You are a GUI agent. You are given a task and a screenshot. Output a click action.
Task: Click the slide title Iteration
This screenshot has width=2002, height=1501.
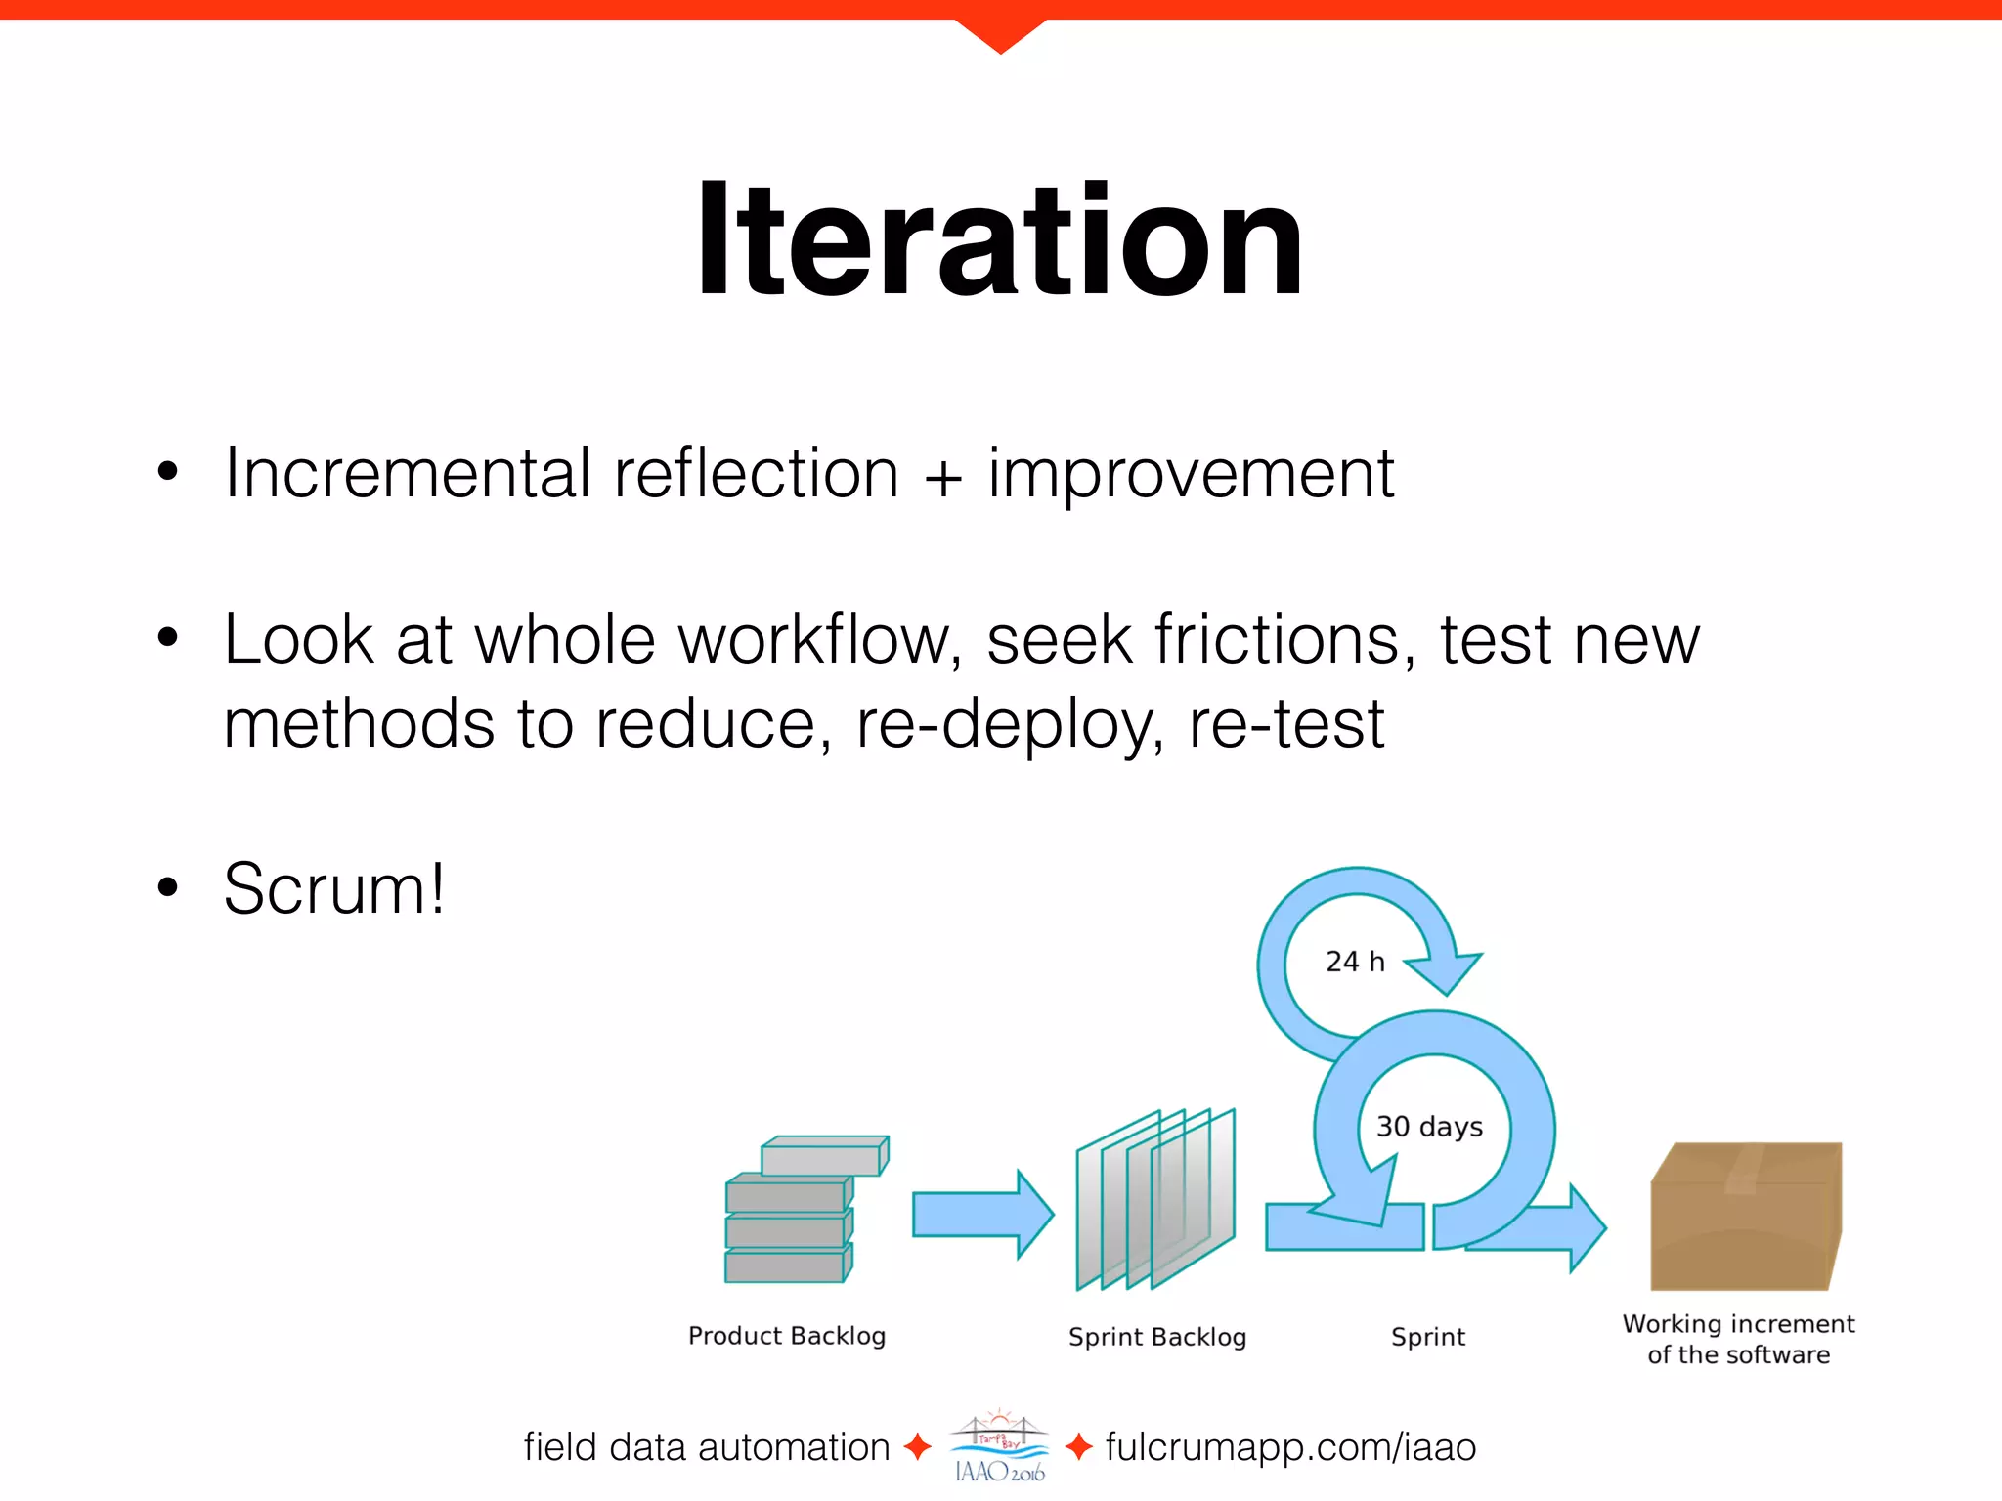999,240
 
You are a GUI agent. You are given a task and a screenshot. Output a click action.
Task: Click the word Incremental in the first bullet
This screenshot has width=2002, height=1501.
407,474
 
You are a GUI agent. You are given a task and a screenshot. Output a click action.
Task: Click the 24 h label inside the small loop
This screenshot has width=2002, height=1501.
1355,962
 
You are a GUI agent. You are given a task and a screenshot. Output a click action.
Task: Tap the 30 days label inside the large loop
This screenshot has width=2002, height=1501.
1429,1127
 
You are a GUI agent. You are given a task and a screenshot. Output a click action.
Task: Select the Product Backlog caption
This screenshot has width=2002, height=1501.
787,1336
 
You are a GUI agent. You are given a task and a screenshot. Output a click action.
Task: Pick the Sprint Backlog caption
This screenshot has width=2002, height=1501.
1157,1337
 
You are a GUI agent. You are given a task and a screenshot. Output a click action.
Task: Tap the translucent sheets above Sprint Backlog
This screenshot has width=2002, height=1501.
1156,1200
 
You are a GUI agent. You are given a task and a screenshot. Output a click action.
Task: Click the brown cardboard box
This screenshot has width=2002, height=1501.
1746,1217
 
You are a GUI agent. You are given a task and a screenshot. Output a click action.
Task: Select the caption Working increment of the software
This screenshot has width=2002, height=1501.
1738,1340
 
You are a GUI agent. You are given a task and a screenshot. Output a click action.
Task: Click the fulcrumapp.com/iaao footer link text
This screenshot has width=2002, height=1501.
1290,1447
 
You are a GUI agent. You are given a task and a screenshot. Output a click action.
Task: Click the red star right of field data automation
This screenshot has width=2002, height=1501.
917,1446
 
